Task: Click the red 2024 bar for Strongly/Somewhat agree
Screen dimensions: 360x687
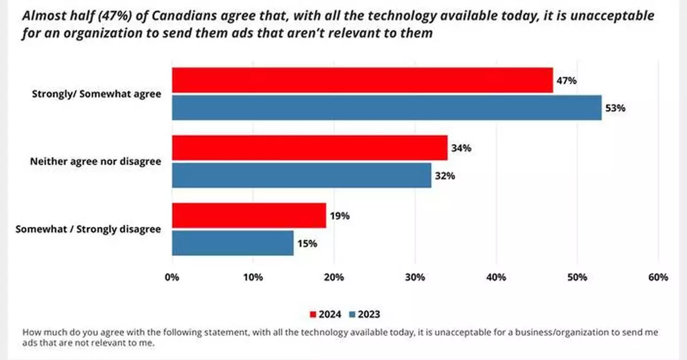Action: (x=362, y=81)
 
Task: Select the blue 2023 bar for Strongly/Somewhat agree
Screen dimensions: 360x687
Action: (x=386, y=108)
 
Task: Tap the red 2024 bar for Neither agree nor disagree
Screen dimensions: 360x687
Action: (x=310, y=148)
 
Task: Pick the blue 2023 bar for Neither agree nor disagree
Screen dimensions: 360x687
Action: (x=302, y=175)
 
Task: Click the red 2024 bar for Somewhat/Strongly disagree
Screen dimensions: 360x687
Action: (x=249, y=216)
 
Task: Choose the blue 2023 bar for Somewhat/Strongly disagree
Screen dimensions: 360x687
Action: (x=233, y=243)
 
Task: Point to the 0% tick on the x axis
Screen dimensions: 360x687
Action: (x=172, y=278)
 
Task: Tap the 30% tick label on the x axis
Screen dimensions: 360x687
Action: (x=414, y=278)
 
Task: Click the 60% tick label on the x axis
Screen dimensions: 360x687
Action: (x=658, y=278)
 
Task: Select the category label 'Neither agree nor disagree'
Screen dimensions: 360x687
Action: (x=95, y=162)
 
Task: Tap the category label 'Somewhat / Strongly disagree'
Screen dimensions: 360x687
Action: (x=88, y=230)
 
